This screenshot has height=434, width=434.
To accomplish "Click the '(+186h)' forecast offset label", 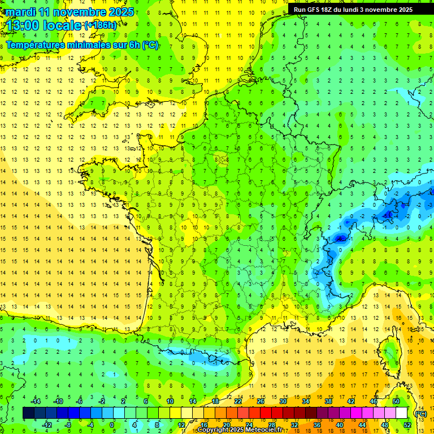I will click(x=101, y=25).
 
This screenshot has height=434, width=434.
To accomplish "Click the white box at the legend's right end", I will click(x=402, y=413).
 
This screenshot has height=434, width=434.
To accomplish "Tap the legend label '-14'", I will click(x=35, y=401).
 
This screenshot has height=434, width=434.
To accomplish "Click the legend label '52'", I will click(x=407, y=425).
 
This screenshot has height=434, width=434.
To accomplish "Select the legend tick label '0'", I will click(x=112, y=425).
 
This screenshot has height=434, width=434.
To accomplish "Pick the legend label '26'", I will click(x=261, y=401).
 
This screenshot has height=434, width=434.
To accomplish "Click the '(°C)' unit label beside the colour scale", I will click(x=420, y=414).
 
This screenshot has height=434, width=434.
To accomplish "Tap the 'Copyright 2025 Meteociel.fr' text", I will click(x=240, y=430).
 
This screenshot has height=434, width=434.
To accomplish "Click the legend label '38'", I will click(x=328, y=401).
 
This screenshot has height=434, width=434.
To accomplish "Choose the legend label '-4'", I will click(x=90, y=425).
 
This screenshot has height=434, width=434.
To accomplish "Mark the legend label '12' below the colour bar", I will click(x=181, y=425).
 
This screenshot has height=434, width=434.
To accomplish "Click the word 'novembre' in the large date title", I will click(x=79, y=12).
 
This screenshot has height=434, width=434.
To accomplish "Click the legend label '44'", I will click(x=362, y=425).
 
